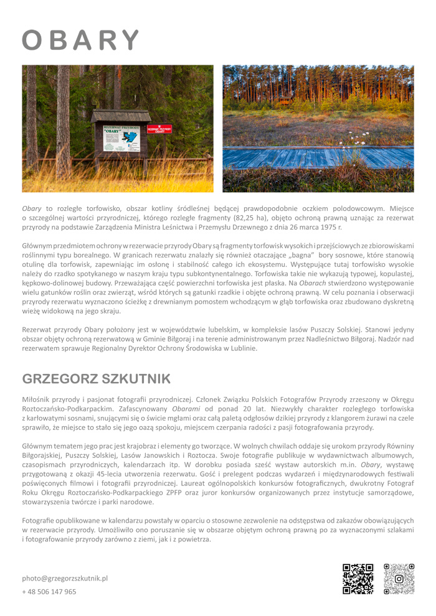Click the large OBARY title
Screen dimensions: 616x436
click(x=80, y=40)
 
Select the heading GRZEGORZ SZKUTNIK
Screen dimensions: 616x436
click(x=96, y=379)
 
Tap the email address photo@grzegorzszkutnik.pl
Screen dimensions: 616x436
click(x=65, y=578)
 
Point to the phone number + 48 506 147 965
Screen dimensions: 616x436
click(x=49, y=592)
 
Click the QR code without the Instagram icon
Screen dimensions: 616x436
click(x=358, y=579)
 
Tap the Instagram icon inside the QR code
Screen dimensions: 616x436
click(x=399, y=579)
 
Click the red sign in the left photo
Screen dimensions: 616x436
click(x=159, y=129)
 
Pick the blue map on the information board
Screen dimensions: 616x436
click(x=130, y=139)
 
